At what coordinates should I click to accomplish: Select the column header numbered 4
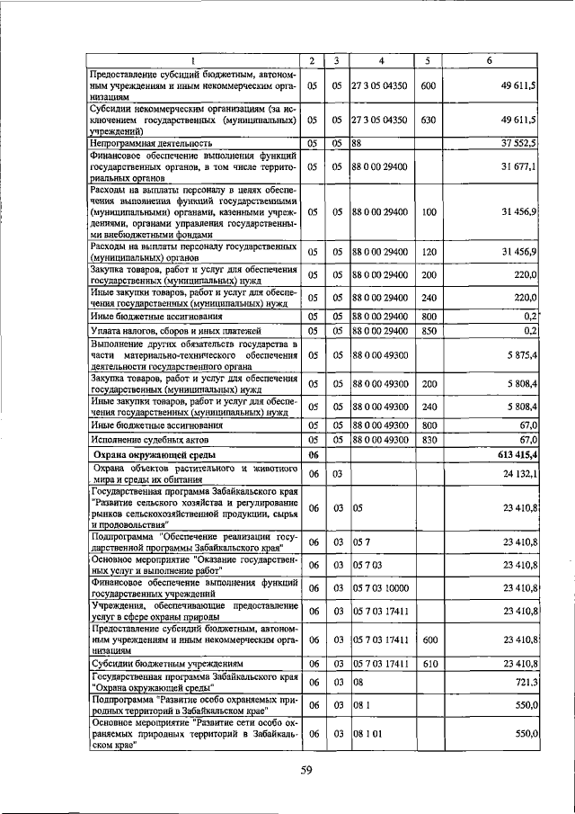point(381,60)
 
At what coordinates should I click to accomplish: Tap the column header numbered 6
point(490,60)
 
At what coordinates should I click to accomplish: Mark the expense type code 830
point(428,440)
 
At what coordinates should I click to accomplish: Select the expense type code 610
point(428,664)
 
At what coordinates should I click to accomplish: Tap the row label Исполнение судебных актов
point(149,441)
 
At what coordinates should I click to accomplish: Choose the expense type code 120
point(428,249)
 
